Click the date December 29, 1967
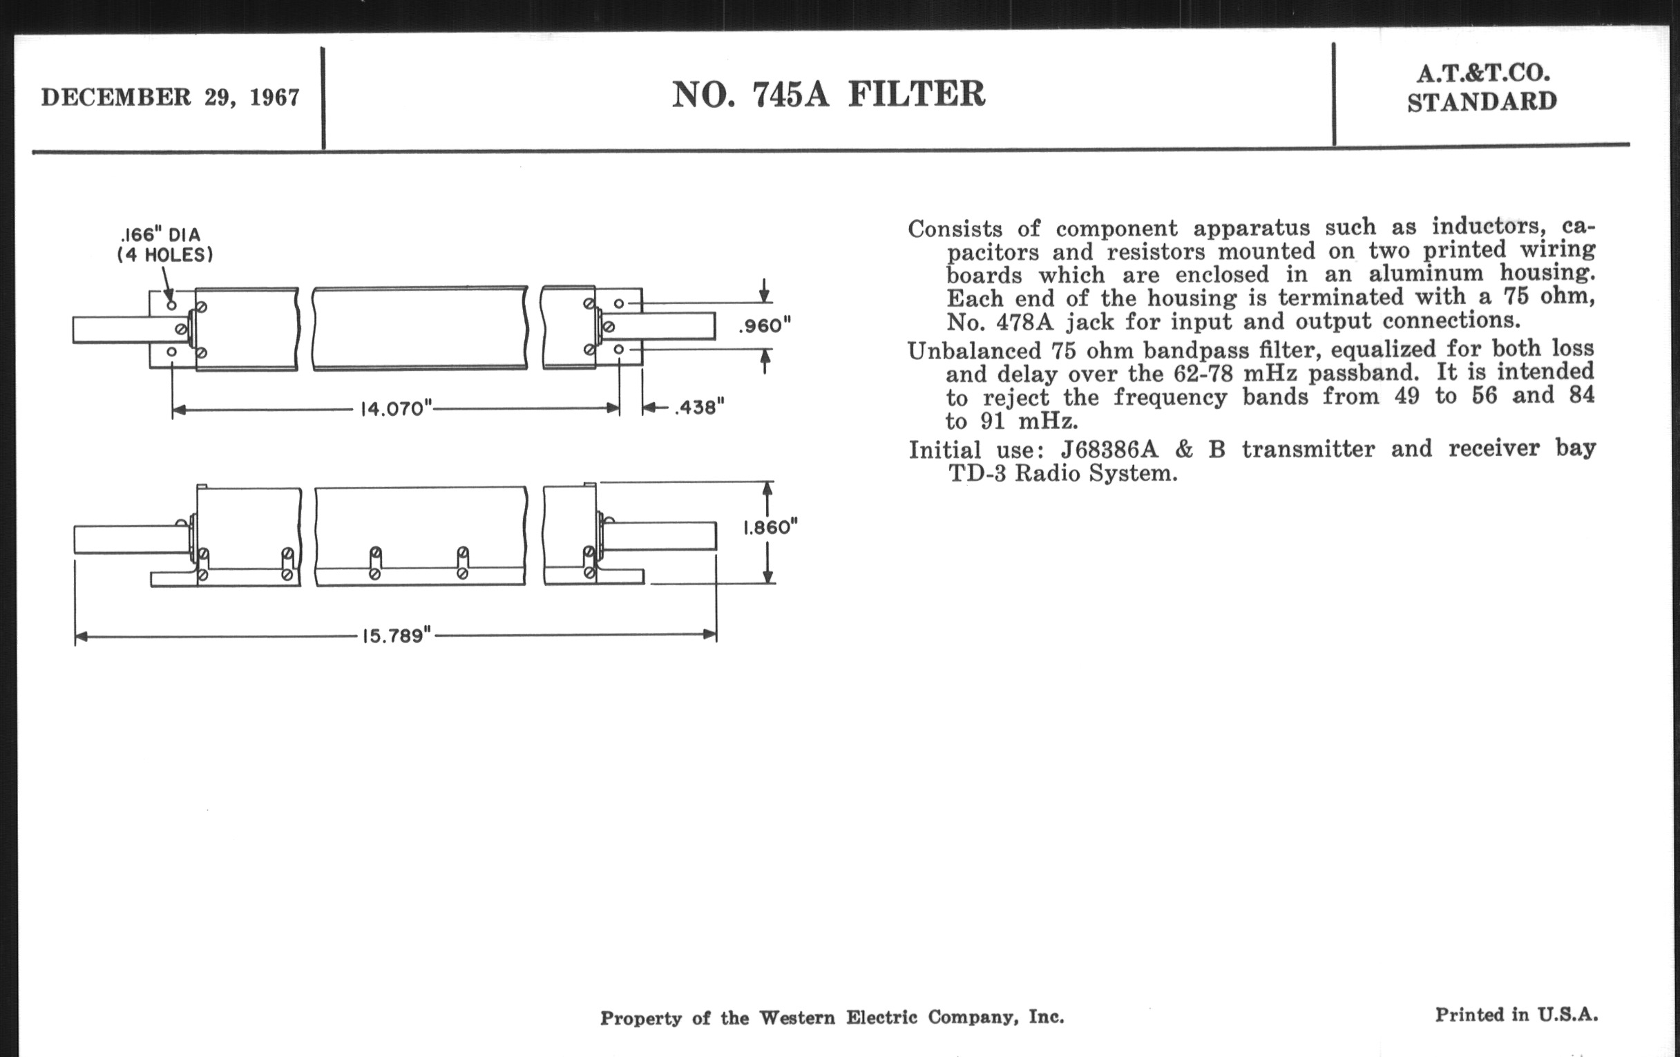tap(170, 97)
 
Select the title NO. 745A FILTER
tap(828, 94)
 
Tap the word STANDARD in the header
tap(1482, 102)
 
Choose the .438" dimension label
tap(699, 408)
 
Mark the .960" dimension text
tap(765, 326)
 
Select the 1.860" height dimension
tap(770, 526)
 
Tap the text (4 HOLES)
tap(164, 255)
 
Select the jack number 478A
tap(1020, 323)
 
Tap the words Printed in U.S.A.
tap(1516, 1014)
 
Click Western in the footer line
tap(796, 1018)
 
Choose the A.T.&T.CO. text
tap(1482, 73)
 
